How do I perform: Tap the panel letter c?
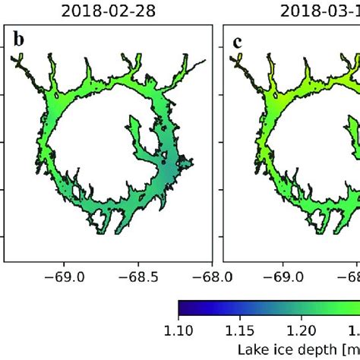(237, 41)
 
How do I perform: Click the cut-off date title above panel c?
(319, 11)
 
